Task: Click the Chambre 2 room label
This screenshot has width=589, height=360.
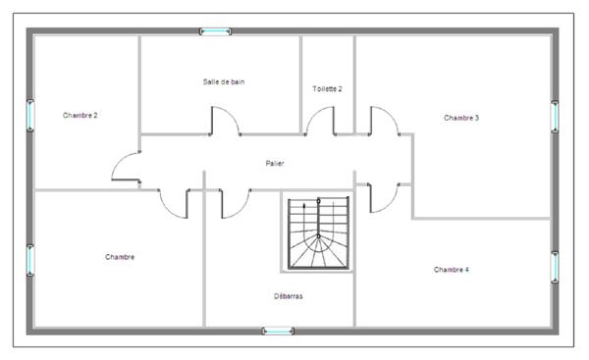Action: [x=80, y=116]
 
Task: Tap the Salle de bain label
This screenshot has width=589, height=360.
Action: [x=224, y=82]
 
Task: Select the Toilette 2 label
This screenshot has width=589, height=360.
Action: [x=327, y=89]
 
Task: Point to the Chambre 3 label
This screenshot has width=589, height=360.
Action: [x=460, y=118]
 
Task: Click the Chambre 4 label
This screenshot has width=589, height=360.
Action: [x=451, y=269]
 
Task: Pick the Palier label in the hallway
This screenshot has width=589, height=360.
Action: [x=275, y=163]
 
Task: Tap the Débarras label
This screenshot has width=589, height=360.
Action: [x=289, y=294]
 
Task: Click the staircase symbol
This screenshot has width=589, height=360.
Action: [x=318, y=233]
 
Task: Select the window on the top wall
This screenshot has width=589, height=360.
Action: [x=216, y=32]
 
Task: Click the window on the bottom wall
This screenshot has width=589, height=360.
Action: [x=279, y=332]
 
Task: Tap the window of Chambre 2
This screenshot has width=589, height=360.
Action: [x=30, y=116]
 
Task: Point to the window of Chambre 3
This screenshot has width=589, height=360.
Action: [x=555, y=116]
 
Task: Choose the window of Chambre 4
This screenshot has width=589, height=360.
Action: [x=555, y=266]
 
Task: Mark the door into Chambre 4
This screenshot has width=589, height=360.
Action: [x=383, y=196]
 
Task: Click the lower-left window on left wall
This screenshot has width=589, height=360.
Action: [x=30, y=260]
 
